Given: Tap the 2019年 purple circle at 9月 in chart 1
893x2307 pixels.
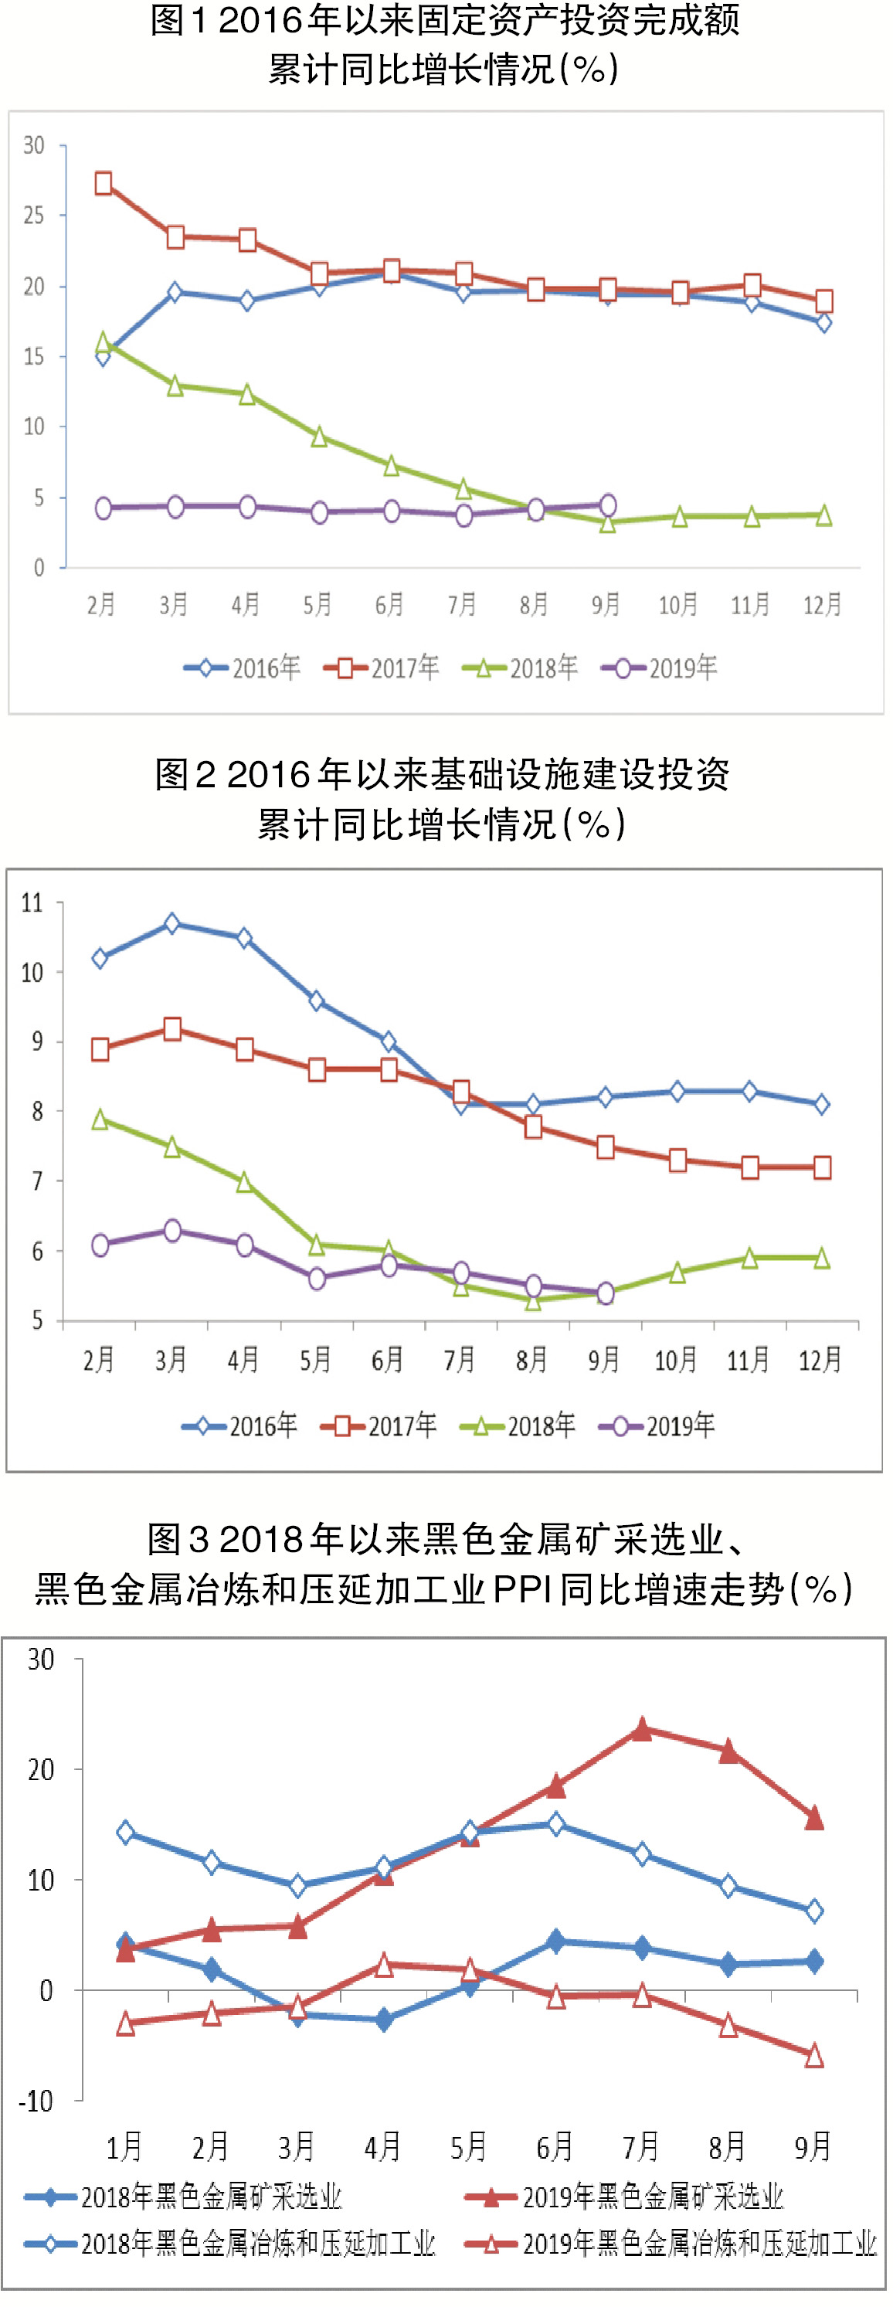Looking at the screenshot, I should (607, 505).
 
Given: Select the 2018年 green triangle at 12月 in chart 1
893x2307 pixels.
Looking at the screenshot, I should (824, 515).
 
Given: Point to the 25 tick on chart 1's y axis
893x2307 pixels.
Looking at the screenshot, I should (34, 215).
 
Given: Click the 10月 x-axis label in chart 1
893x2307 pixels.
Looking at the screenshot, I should (678, 606).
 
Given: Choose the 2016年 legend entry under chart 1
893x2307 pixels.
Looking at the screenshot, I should (243, 668).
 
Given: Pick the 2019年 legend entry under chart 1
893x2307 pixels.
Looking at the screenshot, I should (660, 668).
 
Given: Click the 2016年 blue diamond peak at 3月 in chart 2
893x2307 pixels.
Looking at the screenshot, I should (172, 923).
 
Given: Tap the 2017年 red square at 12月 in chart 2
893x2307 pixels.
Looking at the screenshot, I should (822, 1167).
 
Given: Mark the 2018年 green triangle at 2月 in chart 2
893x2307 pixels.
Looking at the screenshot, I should (100, 1120).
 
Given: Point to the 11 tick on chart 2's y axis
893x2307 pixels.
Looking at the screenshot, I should (32, 902).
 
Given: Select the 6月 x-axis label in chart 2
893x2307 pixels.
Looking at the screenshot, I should (387, 1361).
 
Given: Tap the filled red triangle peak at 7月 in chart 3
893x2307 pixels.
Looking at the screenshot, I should (641, 1729).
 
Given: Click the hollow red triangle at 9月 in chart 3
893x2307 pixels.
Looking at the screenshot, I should (814, 2056).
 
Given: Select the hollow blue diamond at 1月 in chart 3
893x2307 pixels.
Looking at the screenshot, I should (125, 1833).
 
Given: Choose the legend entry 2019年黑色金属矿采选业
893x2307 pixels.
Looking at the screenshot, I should (624, 2196).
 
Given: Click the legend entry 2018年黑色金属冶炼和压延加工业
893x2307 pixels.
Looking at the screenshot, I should (230, 2244).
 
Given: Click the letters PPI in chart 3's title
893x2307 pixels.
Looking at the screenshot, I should (521, 1591).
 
